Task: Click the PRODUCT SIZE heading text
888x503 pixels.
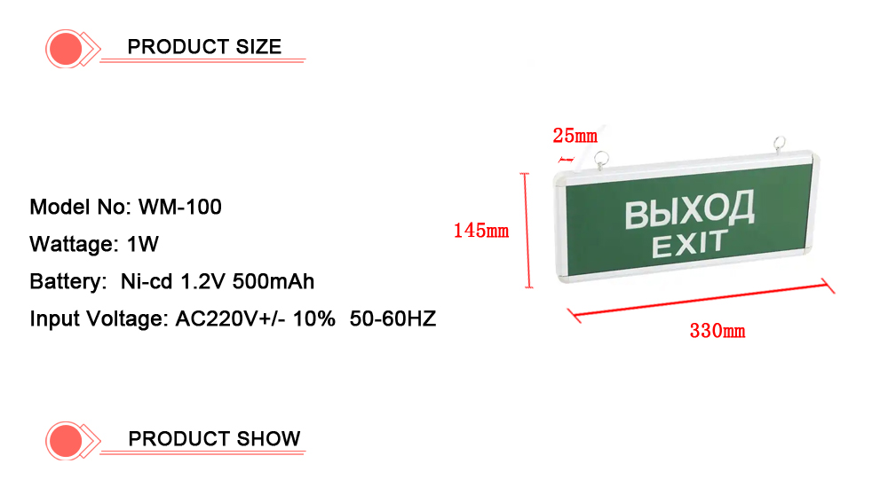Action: pos(204,46)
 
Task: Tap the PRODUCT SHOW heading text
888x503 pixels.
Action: pos(214,438)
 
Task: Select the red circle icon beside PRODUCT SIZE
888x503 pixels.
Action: pos(66,49)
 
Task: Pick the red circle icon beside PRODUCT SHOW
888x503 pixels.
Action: pos(66,441)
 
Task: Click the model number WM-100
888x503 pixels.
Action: pos(180,207)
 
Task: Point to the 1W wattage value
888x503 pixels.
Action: pos(143,245)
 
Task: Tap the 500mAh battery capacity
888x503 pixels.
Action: pos(273,282)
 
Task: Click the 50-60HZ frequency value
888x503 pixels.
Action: pos(392,318)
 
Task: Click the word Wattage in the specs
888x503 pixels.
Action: pos(74,245)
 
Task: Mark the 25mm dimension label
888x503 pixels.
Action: pos(575,136)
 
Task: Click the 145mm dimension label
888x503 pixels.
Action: pos(480,231)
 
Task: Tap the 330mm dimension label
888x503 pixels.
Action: pos(717,331)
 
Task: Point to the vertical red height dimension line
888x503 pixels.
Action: pos(527,231)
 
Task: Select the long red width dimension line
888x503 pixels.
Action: pos(702,300)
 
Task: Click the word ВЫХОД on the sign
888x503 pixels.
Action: pos(689,209)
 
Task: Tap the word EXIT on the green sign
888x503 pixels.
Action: pos(689,244)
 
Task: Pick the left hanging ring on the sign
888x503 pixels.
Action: pos(601,160)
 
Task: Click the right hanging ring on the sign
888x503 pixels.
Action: pos(780,145)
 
